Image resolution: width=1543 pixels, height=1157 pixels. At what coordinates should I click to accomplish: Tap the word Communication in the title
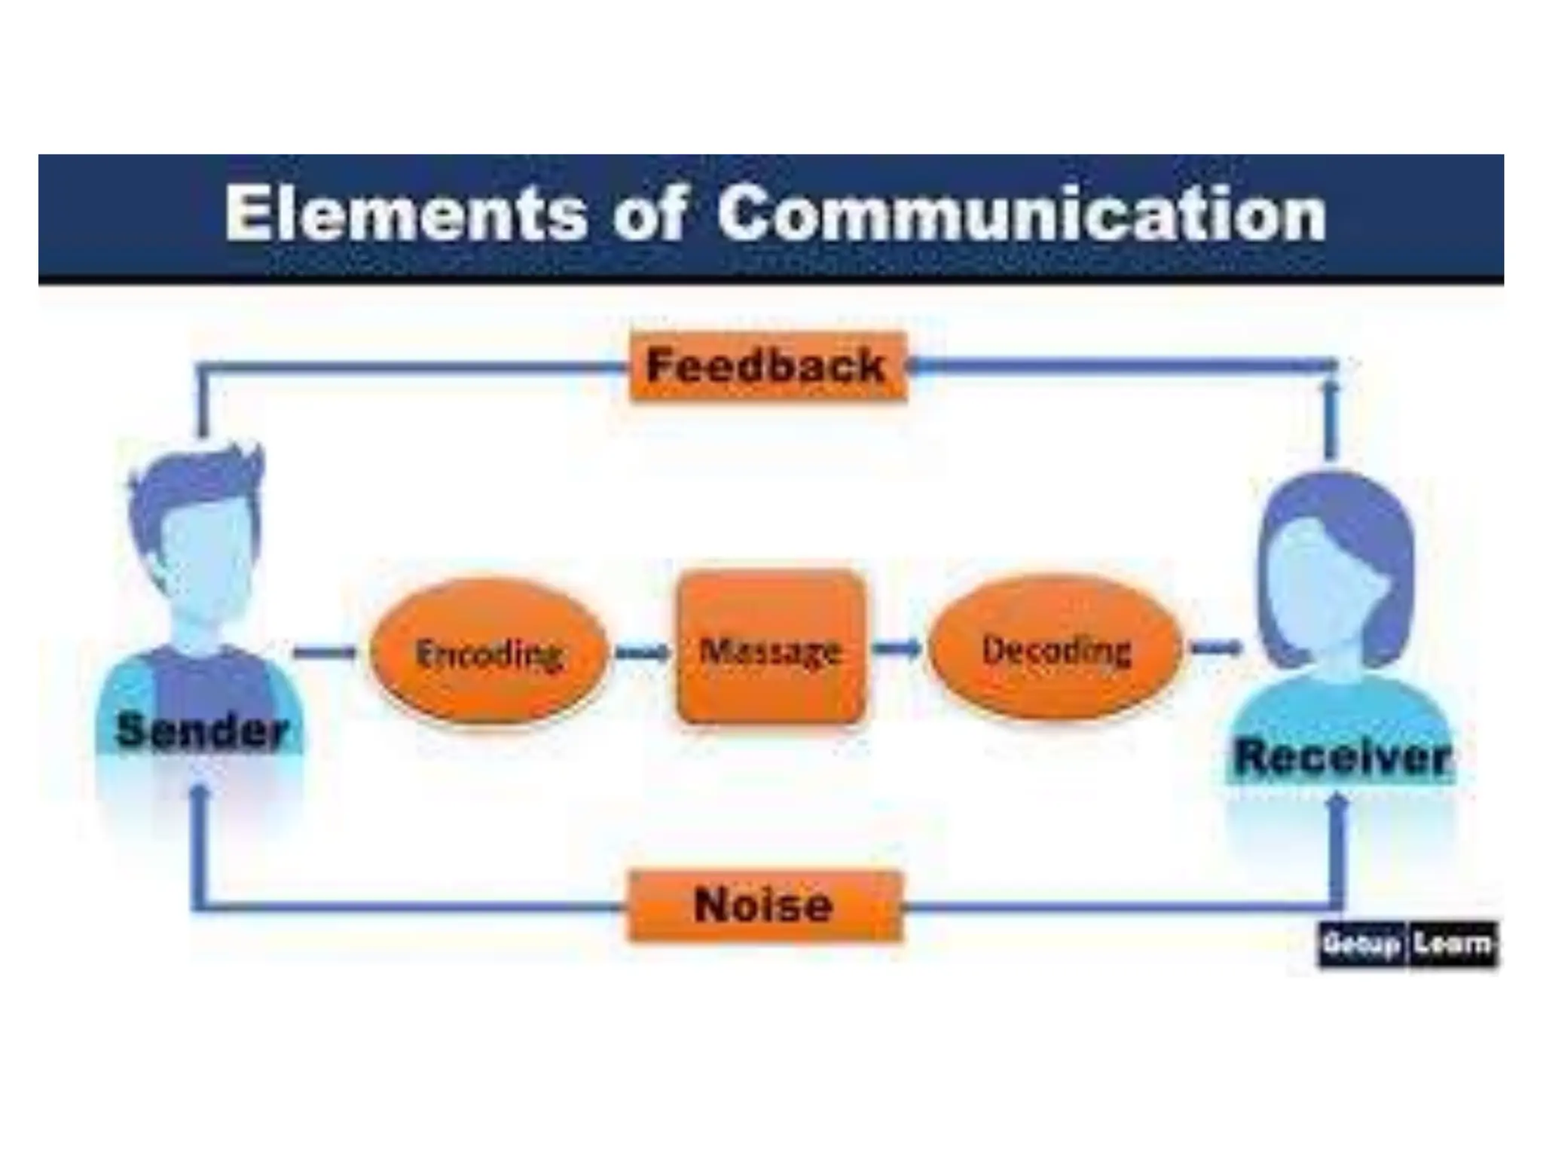(1021, 214)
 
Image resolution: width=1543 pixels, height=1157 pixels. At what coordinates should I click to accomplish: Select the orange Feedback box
(767, 367)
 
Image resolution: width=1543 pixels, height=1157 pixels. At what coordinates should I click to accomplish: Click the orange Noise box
(764, 905)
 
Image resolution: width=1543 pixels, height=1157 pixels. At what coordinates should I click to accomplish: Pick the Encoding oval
(488, 652)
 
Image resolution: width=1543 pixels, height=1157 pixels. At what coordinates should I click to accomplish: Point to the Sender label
(202, 731)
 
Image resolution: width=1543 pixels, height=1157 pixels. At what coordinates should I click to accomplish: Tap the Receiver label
(1342, 757)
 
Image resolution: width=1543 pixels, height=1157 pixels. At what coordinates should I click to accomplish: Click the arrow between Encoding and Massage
(642, 652)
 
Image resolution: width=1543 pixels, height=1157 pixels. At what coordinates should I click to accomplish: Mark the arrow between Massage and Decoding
(897, 648)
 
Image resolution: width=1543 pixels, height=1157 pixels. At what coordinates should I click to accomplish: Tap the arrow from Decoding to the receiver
(1215, 647)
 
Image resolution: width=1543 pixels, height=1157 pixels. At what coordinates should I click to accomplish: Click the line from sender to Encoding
(324, 652)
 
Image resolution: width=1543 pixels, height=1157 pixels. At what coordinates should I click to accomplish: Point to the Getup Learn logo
(1407, 944)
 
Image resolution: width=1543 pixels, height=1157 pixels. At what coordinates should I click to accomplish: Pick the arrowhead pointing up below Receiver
(1337, 803)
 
